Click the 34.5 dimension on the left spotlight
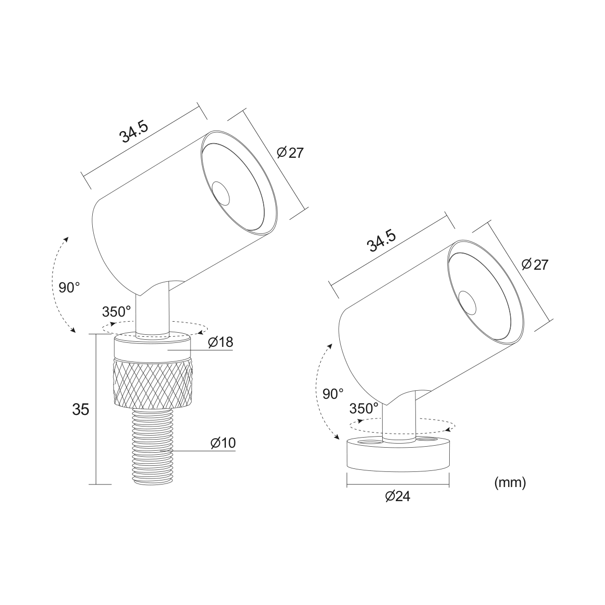(134, 132)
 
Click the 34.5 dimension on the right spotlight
(382, 240)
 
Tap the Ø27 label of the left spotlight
(290, 153)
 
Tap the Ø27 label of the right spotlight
(535, 265)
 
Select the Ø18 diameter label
(221, 342)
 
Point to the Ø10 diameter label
(223, 443)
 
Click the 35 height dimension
(81, 410)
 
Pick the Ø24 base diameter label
(398, 497)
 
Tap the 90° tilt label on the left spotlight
(70, 287)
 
